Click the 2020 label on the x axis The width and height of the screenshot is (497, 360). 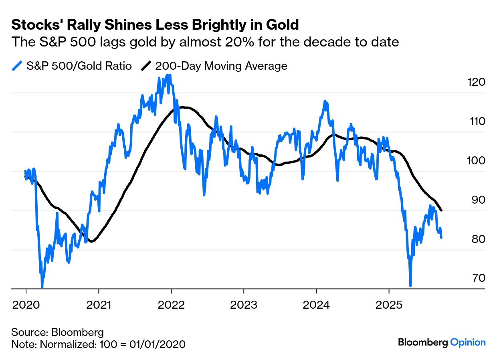[26, 304]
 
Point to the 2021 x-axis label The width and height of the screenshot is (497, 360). [99, 304]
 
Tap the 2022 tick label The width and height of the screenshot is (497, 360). [171, 304]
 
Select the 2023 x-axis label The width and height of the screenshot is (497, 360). [244, 304]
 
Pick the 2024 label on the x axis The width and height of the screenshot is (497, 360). [316, 304]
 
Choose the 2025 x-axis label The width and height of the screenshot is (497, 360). [389, 304]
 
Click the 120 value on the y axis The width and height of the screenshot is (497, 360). [476, 82]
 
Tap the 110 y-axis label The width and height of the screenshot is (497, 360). [476, 121]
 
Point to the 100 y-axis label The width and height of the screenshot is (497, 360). [476, 161]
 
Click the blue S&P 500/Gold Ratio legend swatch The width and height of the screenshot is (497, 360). [17, 66]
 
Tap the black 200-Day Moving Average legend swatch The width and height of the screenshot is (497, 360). [146, 66]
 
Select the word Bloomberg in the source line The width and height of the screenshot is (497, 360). [77, 332]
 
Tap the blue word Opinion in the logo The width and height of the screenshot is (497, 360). [468, 342]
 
